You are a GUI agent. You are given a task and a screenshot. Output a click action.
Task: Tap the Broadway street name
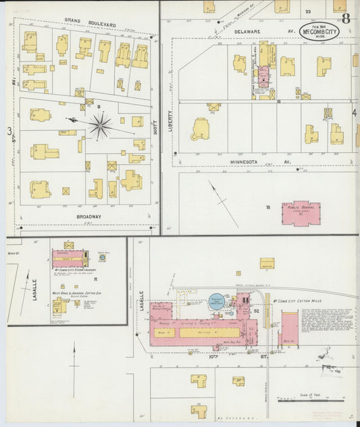pos(88,217)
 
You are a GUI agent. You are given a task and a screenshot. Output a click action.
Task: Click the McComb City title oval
pos(319,30)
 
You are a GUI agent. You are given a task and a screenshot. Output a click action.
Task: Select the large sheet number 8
pos(345,18)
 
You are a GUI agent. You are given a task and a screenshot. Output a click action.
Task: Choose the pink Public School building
pos(301,212)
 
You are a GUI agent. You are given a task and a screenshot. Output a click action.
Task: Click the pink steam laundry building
pos(68,258)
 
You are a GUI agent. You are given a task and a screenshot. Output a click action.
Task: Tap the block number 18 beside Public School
pos(267,207)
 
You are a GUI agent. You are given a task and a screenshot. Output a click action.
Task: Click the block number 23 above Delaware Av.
pos(308,11)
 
